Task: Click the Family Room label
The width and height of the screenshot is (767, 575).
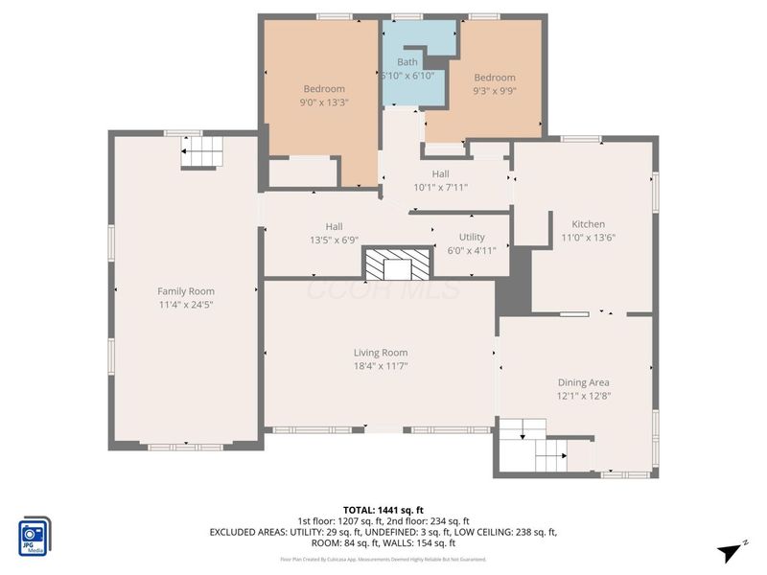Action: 186,291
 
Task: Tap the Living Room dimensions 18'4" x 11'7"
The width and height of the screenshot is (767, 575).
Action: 381,365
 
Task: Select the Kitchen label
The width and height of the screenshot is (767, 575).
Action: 588,224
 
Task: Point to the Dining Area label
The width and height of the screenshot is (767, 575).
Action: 584,381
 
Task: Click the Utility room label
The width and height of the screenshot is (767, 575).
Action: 472,237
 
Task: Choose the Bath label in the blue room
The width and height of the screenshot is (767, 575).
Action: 407,62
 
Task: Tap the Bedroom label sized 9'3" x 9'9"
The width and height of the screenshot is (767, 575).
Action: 494,78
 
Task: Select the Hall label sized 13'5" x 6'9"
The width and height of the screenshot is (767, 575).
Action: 334,227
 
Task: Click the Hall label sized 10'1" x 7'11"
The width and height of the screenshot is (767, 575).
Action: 440,173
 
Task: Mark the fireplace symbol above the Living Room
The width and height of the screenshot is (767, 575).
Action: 397,263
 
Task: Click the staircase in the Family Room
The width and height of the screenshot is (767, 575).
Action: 201,151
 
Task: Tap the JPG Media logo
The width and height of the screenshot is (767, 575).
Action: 35,536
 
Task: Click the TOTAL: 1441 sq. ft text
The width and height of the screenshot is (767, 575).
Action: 383,509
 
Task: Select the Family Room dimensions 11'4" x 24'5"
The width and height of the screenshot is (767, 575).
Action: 186,305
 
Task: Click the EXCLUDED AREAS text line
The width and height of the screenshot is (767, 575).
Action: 383,531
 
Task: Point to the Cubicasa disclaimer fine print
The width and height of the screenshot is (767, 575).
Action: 383,559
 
